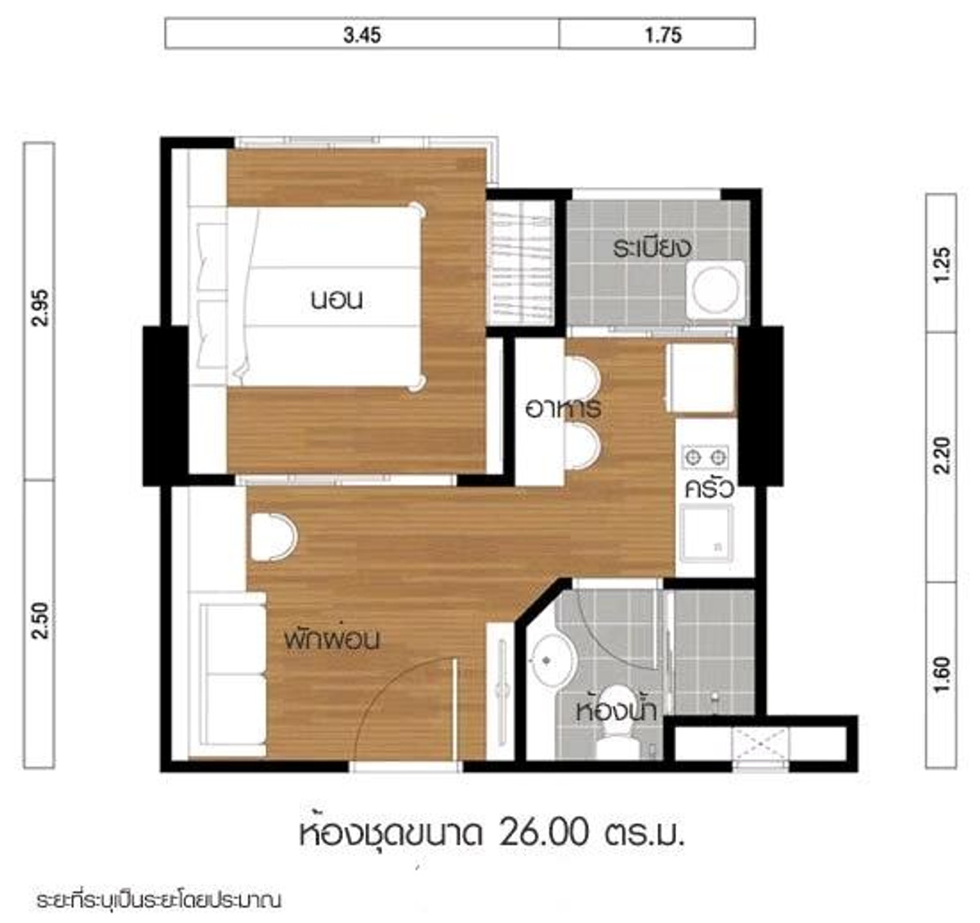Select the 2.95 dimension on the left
pos(40,307)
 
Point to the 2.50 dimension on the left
pos(40,621)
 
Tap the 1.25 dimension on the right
pos(942,265)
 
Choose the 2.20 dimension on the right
pos(942,455)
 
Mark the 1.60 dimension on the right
pos(942,674)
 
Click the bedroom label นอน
pos(337,300)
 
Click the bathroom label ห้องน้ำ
pos(617,711)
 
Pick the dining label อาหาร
pos(563,408)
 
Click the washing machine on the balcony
pos(716,292)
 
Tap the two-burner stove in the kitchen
pos(705,457)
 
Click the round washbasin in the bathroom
pos(552,660)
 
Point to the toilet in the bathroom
pos(617,725)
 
